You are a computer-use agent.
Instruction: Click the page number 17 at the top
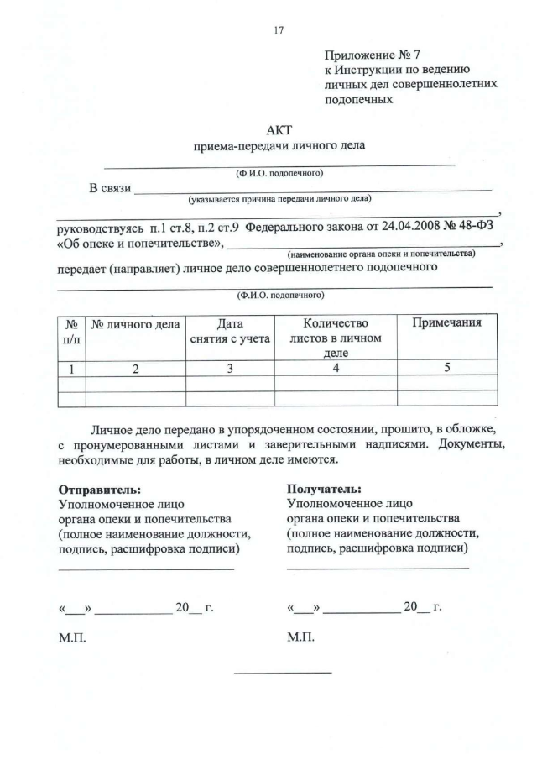279,30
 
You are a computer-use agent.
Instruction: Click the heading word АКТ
279,130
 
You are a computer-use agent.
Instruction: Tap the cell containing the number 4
336,368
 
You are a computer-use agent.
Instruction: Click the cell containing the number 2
135,368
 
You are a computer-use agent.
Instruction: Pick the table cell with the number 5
446,368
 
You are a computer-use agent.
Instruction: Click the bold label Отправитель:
100,489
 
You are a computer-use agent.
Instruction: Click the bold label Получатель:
325,489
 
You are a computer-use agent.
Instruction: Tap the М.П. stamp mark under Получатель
300,638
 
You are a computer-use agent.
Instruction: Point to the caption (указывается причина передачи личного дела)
280,200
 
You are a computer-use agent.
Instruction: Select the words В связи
110,187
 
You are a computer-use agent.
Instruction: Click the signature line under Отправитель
146,569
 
